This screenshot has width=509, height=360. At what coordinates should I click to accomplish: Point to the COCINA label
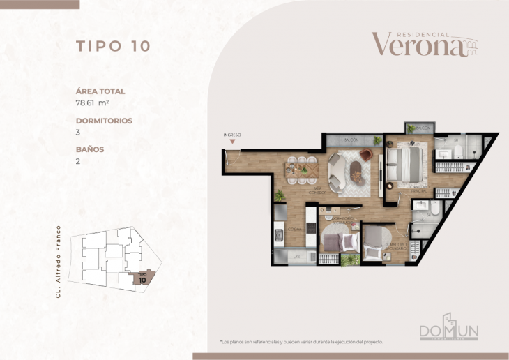pos(295,228)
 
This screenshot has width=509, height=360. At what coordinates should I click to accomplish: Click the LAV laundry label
pos(296,257)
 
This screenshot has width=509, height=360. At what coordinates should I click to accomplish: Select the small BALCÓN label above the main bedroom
pos(422,128)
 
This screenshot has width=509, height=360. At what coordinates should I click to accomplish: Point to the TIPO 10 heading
pos(113,47)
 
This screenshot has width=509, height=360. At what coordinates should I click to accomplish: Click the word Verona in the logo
pos(417,45)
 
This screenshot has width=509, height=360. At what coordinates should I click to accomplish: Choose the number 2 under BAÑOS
pos(78,160)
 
